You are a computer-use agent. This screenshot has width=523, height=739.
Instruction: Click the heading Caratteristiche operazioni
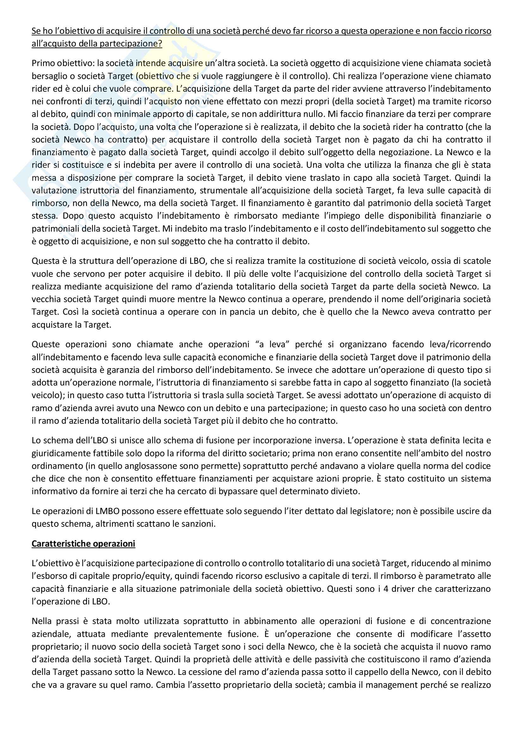tap(83, 544)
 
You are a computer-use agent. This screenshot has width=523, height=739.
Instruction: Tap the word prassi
tap(69, 621)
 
